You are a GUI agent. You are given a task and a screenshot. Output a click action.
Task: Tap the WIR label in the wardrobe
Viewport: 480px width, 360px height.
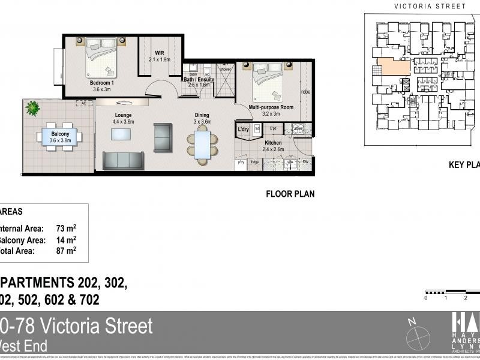point(160,53)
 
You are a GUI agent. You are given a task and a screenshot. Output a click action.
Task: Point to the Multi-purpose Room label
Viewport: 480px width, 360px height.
point(271,107)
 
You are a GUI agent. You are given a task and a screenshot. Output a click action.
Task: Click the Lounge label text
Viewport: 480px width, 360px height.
point(123,115)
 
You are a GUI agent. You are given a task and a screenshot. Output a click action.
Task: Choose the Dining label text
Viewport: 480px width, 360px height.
point(202,115)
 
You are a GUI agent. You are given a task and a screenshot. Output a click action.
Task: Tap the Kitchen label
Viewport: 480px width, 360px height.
point(274,142)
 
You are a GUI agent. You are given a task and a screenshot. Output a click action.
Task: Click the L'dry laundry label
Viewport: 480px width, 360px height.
point(243,130)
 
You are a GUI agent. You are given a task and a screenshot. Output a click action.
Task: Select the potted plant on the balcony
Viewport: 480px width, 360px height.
point(32,109)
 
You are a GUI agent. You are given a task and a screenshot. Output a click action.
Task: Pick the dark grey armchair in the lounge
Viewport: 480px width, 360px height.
point(163,136)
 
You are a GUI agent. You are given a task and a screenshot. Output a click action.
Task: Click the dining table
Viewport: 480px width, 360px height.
point(202,146)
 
